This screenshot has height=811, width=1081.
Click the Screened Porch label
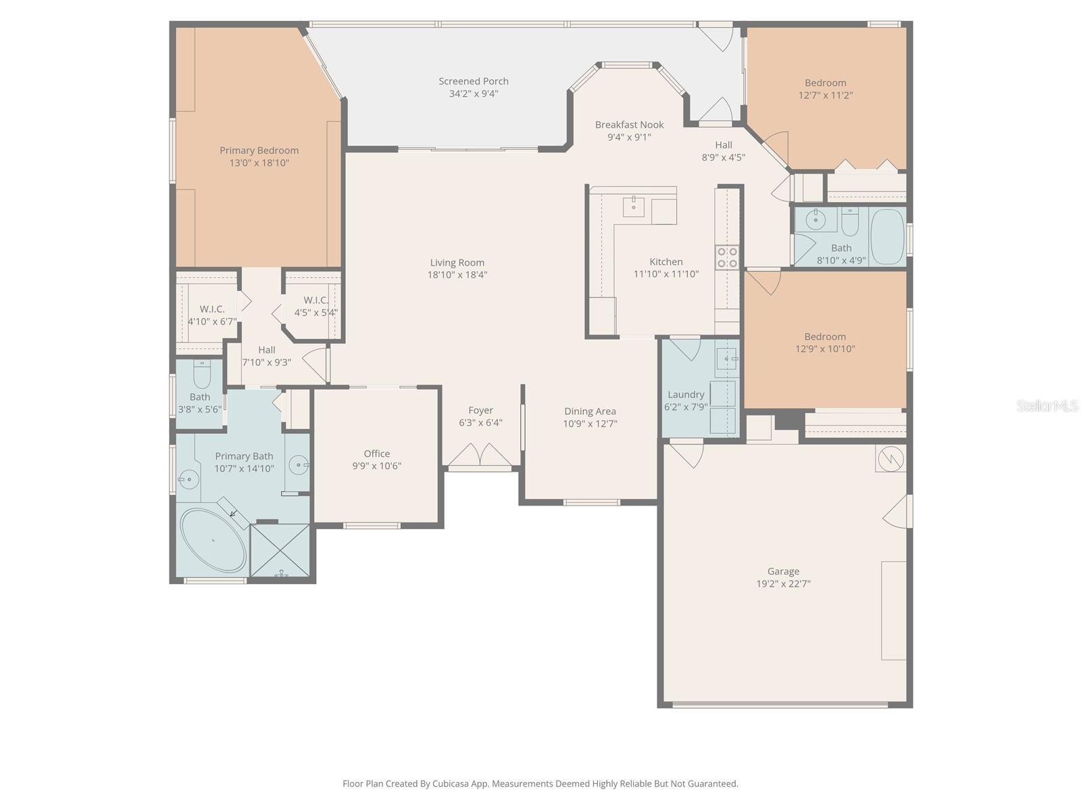pyautogui.click(x=473, y=81)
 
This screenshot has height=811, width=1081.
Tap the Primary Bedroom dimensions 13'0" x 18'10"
pyautogui.click(x=259, y=163)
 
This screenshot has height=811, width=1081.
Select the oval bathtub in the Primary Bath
pyautogui.click(x=213, y=541)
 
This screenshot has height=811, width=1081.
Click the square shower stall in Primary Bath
pyautogui.click(x=281, y=550)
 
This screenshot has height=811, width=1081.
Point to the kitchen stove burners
pyautogui.click(x=728, y=257)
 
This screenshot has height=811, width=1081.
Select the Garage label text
pyautogui.click(x=783, y=571)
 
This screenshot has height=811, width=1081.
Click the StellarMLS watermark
pyautogui.click(x=1047, y=406)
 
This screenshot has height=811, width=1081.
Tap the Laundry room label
pyautogui.click(x=686, y=395)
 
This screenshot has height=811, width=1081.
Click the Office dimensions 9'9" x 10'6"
pyautogui.click(x=376, y=466)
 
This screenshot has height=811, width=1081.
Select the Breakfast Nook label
pyautogui.click(x=629, y=124)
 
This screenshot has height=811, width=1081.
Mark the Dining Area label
pyautogui.click(x=590, y=411)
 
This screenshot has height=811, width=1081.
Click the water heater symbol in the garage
pyautogui.click(x=890, y=459)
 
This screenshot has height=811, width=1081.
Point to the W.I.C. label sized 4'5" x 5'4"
pyautogui.click(x=316, y=300)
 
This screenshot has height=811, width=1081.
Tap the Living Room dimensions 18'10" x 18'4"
pyautogui.click(x=457, y=275)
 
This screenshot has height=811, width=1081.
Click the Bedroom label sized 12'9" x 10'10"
pyautogui.click(x=824, y=337)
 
